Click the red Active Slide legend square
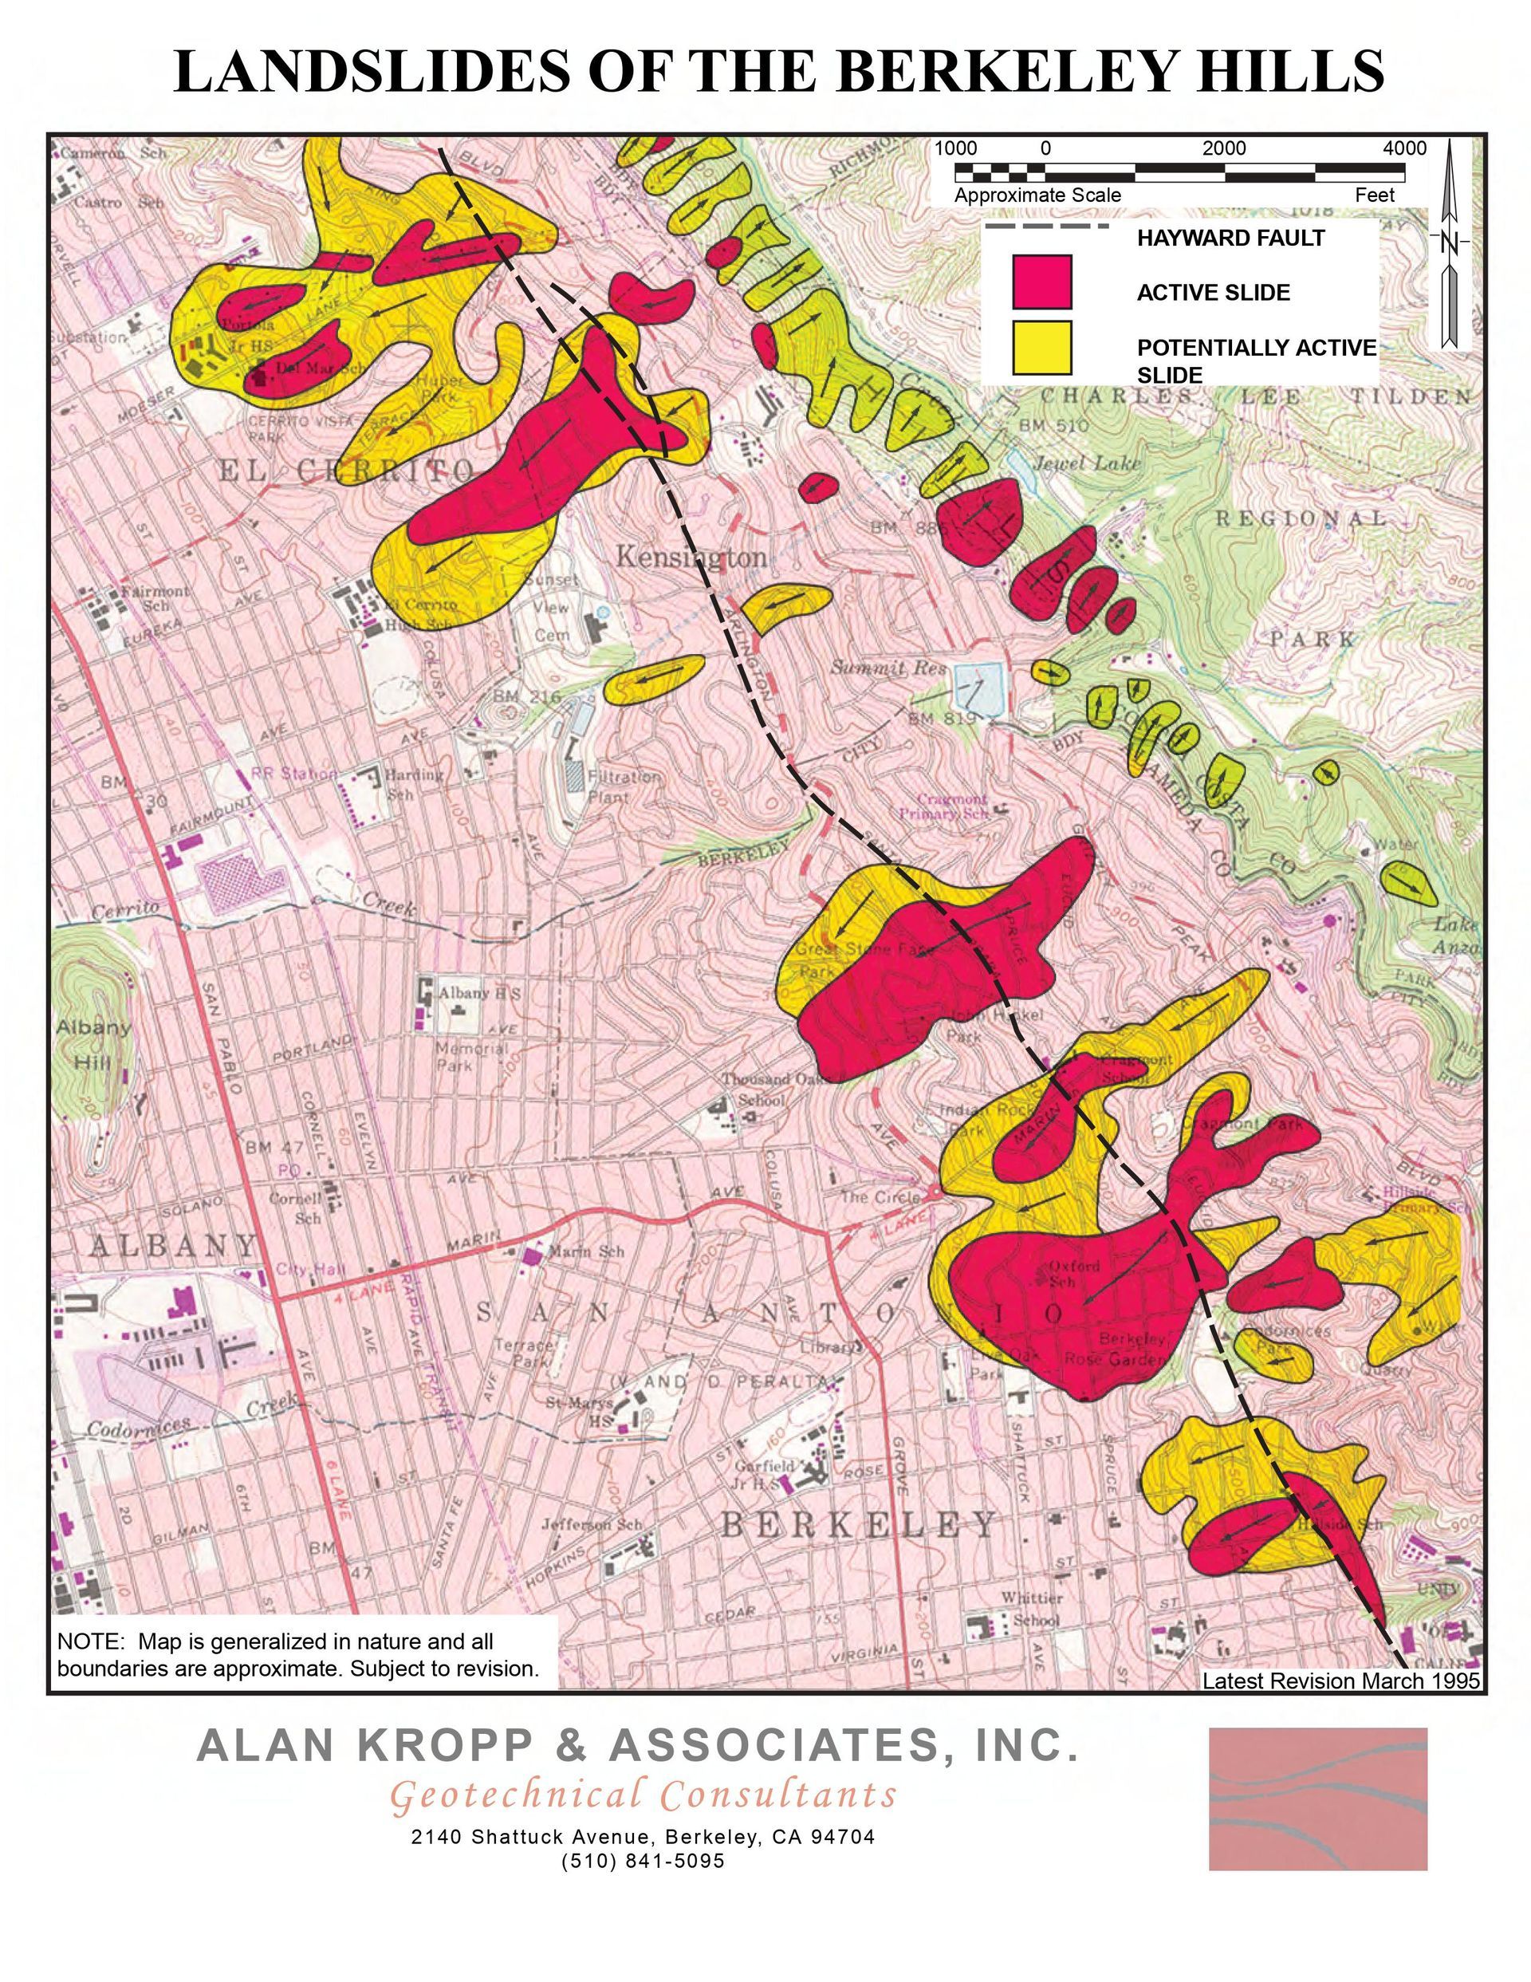[x=1042, y=282]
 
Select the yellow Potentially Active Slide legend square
[x=1042, y=348]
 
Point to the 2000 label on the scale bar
[x=1224, y=148]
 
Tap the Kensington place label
[x=691, y=556]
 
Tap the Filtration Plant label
[x=624, y=786]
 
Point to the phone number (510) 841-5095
[x=643, y=1861]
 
